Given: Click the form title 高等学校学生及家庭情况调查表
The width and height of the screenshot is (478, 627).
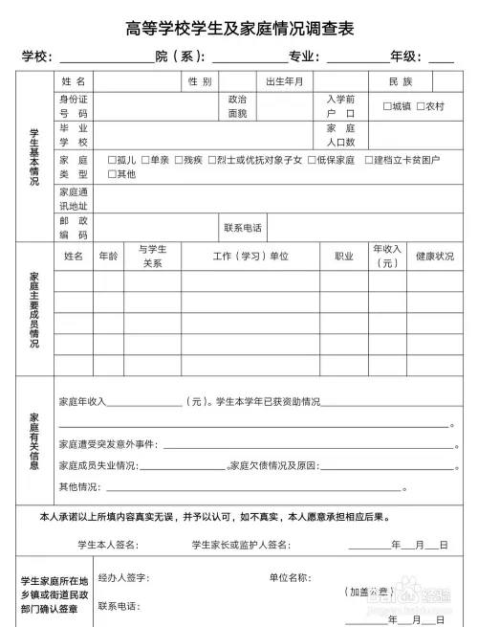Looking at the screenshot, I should point(239,29).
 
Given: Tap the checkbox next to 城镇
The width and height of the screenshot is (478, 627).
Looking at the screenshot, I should point(387,106).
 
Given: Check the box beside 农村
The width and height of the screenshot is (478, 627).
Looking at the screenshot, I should point(421,106).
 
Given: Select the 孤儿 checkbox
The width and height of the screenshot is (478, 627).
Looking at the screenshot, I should point(112,161).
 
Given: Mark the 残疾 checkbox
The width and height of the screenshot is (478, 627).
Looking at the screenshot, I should point(178,161).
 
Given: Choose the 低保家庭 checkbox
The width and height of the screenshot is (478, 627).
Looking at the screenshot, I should point(312,161).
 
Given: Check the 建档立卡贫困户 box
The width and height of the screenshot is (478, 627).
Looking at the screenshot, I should point(369,161).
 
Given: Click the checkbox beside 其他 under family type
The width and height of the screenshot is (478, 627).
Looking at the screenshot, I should point(112,174).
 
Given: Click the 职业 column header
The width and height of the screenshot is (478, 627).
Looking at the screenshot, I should point(343,257).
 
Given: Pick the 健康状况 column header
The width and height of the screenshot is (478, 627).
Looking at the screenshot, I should point(434,257).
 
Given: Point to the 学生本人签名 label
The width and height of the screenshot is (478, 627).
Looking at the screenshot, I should point(109,545).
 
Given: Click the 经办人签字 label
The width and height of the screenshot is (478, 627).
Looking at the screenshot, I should point(123,578).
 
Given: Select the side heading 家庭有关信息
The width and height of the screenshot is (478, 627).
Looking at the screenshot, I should point(34,442).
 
